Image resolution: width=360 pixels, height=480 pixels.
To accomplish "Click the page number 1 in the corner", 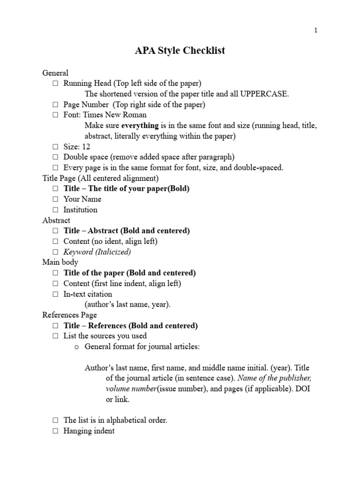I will [x=315, y=30].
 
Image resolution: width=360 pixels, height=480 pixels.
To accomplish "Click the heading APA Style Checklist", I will [x=180, y=50].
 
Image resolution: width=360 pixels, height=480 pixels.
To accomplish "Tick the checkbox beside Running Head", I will [x=55, y=83].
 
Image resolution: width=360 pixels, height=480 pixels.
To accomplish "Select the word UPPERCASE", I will [x=264, y=94].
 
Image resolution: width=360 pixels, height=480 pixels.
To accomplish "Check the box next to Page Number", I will [x=55, y=105].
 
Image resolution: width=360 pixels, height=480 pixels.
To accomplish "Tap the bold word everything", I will [x=140, y=126].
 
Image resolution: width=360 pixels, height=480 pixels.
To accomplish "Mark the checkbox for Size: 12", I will [x=55, y=147].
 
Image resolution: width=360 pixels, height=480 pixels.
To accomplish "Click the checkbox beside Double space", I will [x=55, y=157].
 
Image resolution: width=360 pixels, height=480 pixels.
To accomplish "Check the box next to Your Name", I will [x=55, y=199].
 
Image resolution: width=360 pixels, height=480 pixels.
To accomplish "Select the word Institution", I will [x=81, y=210].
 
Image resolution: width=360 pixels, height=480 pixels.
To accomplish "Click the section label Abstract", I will [x=56, y=220].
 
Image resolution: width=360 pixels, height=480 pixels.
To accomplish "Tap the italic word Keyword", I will [x=78, y=252].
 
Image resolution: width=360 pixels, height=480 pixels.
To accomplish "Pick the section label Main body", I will [x=60, y=262].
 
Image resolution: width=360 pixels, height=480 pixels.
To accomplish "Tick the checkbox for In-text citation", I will [x=55, y=294].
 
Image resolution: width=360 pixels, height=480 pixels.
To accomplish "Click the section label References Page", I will [x=70, y=315].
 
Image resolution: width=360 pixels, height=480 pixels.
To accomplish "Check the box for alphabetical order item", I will [x=55, y=420].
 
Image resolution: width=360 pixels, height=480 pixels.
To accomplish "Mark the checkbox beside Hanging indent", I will [x=55, y=431].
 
